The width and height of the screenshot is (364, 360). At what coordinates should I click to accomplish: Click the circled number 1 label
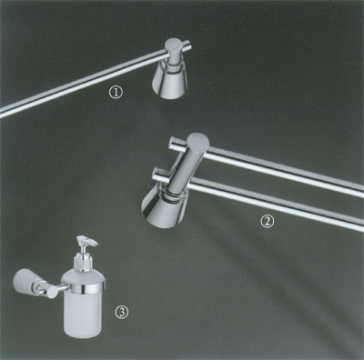pos(116,93)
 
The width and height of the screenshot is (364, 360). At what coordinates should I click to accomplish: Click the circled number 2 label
pos(268,222)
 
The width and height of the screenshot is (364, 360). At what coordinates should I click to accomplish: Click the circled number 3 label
pos(122,312)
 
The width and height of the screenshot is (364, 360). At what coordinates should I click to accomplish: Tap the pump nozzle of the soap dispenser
pos(87,241)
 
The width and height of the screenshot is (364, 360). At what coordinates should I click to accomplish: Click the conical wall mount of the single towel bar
pos(169,80)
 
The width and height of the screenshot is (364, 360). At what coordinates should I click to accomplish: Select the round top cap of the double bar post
pos(197,141)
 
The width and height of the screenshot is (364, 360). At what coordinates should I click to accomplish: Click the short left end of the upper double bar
pos(177,144)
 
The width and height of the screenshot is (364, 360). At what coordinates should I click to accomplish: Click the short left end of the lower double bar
pos(162,175)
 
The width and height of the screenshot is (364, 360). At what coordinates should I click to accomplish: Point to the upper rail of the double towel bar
pos(284,171)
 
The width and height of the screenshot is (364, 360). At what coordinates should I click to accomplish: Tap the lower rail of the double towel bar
pos(276,203)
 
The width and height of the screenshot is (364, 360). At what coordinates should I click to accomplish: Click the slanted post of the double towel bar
pos(185,170)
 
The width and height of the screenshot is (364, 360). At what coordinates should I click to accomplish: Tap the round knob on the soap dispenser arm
pos(52,293)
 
